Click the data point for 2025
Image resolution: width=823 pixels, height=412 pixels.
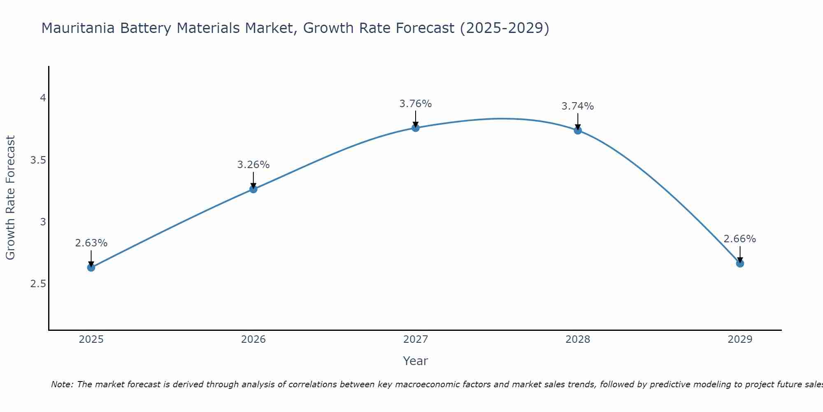tap(91, 267)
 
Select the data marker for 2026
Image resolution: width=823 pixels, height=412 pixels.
tap(253, 189)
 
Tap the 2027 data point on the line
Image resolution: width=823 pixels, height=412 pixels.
tap(416, 128)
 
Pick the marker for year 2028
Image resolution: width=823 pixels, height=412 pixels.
tap(578, 130)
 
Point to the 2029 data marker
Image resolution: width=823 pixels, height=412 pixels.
tap(740, 263)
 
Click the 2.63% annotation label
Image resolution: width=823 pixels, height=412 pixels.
tap(91, 243)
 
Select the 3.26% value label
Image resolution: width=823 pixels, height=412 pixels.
tap(253, 165)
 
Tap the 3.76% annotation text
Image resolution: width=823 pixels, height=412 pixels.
tap(416, 104)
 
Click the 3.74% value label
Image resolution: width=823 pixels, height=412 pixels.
tap(578, 106)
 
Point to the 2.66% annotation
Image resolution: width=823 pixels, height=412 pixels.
tap(740, 239)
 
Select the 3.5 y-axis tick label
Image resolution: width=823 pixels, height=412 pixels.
tap(38, 160)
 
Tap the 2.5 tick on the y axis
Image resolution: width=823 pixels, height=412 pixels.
tap(38, 284)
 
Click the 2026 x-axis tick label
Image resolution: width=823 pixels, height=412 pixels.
tap(253, 339)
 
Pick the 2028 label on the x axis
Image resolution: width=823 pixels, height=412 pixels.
tap(578, 339)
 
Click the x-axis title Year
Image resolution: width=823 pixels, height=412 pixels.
tap(416, 361)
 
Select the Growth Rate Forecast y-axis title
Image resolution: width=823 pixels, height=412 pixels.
tap(11, 198)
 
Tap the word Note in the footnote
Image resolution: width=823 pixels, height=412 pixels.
tap(62, 384)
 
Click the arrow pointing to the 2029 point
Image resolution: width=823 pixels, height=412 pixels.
tap(740, 254)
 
